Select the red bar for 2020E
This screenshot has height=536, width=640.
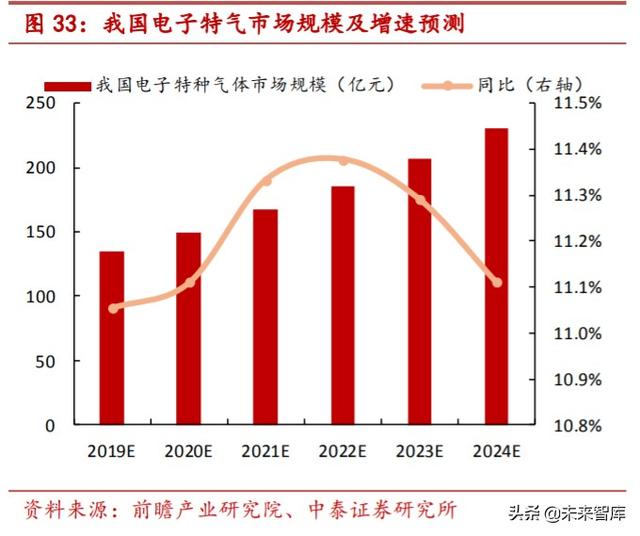tap(189, 329)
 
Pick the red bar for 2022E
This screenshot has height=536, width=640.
tap(343, 305)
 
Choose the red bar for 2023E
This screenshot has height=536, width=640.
tap(420, 291)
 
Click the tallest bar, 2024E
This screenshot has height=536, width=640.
tap(497, 276)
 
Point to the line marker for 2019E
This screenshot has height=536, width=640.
tap(113, 308)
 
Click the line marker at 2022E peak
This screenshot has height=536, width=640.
tap(343, 160)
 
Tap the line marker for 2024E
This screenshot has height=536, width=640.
tap(497, 282)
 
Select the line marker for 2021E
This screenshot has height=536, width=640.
tap(266, 181)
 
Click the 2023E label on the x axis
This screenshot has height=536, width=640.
tap(420, 450)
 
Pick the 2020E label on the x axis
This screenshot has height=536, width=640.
tap(189, 450)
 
